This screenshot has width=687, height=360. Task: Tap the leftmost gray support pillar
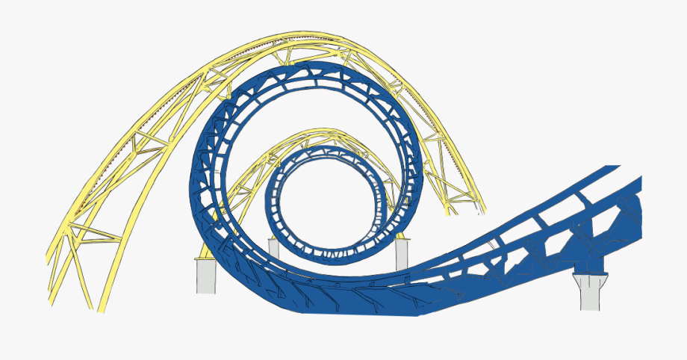click(205, 275)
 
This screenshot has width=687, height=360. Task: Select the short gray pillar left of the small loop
click(273, 249)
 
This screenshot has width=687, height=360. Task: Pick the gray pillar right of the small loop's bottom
click(402, 252)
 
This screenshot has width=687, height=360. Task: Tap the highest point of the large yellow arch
click(299, 34)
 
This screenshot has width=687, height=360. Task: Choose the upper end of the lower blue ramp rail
click(638, 183)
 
